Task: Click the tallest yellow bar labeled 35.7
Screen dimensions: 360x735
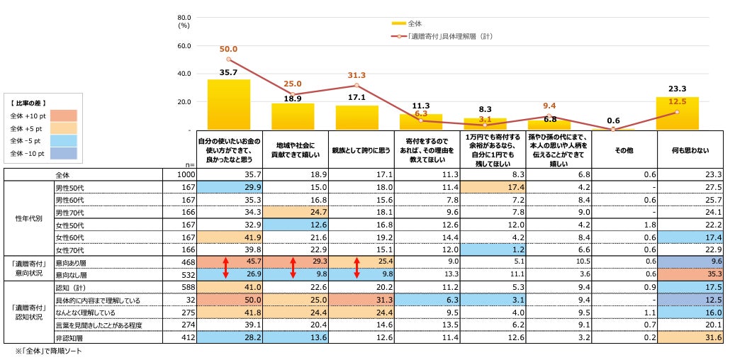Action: coord(228,104)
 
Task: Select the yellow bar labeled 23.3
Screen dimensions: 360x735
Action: coord(678,113)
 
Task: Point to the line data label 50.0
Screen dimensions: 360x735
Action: coord(228,49)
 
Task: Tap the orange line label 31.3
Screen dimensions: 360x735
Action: coord(357,76)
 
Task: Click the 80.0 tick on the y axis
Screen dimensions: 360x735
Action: coord(184,18)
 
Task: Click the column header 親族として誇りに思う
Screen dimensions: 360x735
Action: coord(357,151)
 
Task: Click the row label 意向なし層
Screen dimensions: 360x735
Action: coord(69,274)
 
